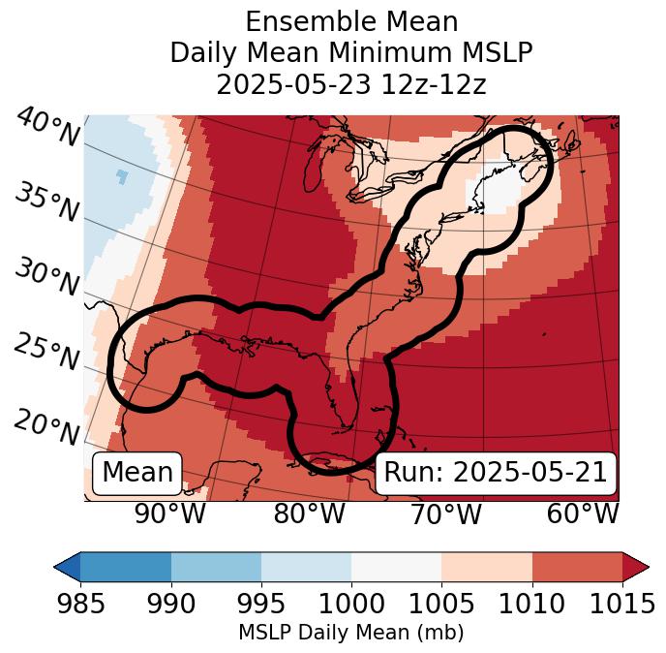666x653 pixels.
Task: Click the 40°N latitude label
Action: pyautogui.click(x=47, y=129)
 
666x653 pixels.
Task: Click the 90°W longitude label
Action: pyautogui.click(x=170, y=513)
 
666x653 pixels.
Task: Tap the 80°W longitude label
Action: pyautogui.click(x=310, y=513)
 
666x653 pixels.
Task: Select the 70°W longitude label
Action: pyautogui.click(x=446, y=513)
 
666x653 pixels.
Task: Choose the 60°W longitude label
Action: pyautogui.click(x=583, y=513)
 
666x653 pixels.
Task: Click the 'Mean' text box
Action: pyautogui.click(x=137, y=473)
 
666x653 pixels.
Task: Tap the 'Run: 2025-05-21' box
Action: pyautogui.click(x=496, y=473)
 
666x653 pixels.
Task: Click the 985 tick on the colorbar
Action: pyautogui.click(x=80, y=604)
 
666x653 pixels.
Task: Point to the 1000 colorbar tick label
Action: pyautogui.click(x=351, y=604)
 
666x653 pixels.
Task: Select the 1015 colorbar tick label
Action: pyautogui.click(x=622, y=604)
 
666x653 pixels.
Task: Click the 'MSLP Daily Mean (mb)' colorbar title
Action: pyautogui.click(x=350, y=634)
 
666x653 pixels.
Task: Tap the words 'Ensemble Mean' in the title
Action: pyautogui.click(x=351, y=22)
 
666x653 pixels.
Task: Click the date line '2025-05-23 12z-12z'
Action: pyautogui.click(x=351, y=84)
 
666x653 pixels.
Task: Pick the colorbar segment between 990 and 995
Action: pyautogui.click(x=216, y=566)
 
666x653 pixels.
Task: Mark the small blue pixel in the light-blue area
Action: pyautogui.click(x=121, y=175)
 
